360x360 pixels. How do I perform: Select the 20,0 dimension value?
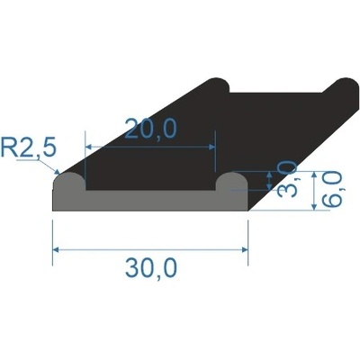(149, 130)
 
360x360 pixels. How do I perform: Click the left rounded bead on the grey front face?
(68, 187)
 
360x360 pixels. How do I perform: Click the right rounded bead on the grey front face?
(231, 187)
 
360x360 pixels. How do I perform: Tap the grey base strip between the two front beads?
(149, 202)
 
